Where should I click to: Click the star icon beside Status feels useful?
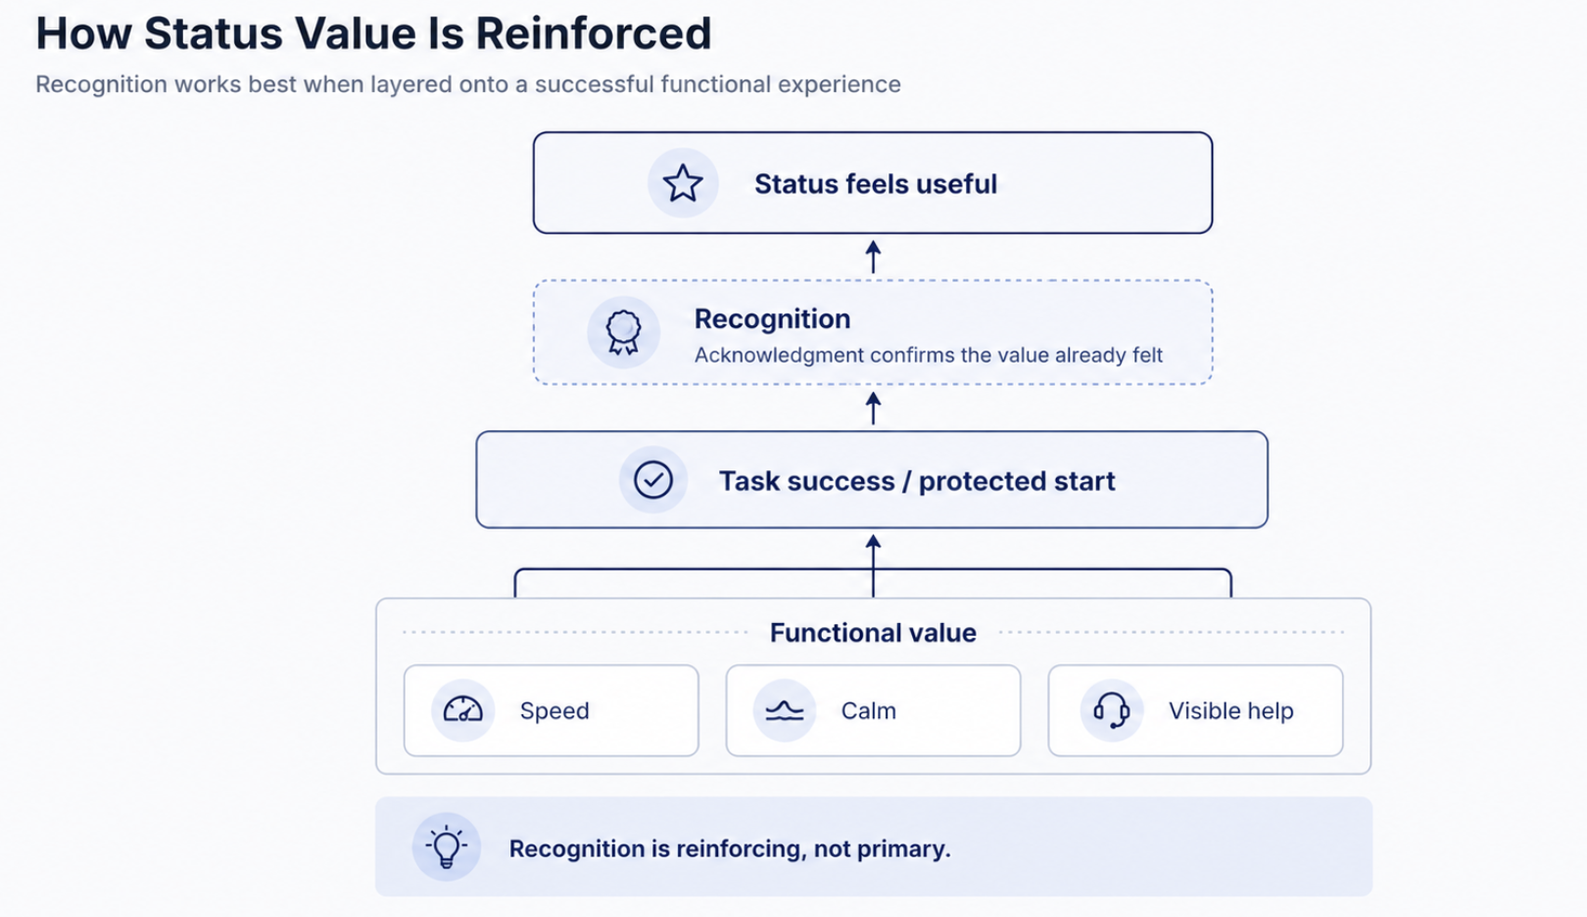pos(683,183)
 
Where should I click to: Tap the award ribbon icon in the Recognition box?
pos(623,332)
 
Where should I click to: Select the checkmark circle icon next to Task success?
pos(653,480)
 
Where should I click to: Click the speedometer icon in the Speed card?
pos(463,709)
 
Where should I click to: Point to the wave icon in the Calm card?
pos(785,710)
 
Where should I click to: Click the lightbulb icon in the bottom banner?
pos(447,846)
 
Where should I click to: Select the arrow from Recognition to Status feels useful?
pos(874,258)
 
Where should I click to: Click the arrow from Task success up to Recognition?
pos(874,409)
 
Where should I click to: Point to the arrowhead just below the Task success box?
pos(874,542)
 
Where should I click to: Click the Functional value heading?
pos(873,632)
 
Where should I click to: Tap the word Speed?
pos(554,711)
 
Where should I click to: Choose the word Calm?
pos(869,710)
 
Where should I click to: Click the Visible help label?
pos(1231,710)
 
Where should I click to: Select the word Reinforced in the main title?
pos(594,32)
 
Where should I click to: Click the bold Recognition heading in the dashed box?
pos(772,319)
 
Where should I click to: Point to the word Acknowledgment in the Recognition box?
pos(780,355)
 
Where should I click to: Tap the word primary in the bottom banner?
pos(904,849)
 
